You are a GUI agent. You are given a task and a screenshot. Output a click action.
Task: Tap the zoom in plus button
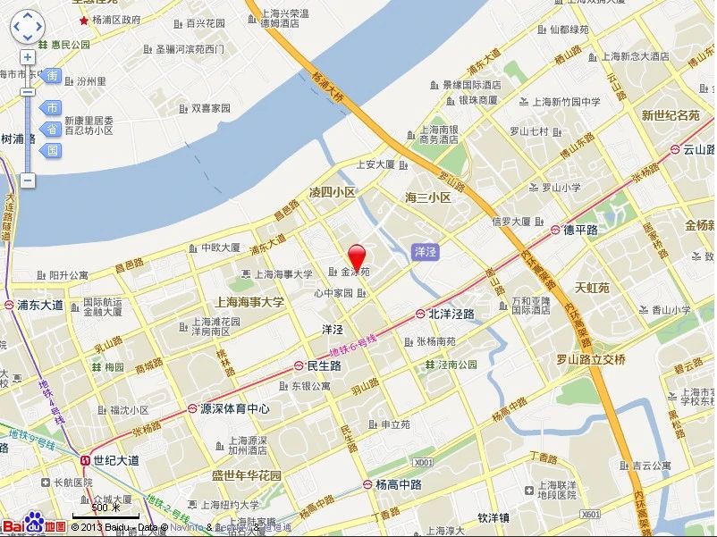click(x=28, y=58)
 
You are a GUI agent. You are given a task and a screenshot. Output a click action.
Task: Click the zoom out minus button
click(x=28, y=180)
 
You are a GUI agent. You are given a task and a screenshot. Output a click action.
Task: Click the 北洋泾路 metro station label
click(x=451, y=314)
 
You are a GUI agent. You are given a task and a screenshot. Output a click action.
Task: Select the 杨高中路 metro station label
click(x=399, y=483)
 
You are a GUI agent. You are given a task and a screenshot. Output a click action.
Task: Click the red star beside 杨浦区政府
click(x=84, y=20)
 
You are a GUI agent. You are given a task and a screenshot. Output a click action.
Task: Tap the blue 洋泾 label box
click(x=426, y=252)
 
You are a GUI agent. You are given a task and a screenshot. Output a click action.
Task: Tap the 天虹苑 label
click(x=591, y=288)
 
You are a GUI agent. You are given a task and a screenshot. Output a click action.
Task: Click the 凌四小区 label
click(x=332, y=192)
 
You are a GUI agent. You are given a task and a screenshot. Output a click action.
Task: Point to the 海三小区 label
click(x=428, y=197)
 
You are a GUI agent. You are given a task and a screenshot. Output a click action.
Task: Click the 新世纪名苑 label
click(x=671, y=115)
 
